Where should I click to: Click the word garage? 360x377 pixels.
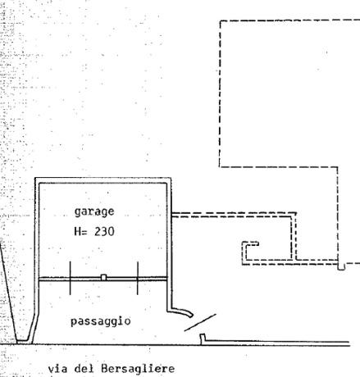94,212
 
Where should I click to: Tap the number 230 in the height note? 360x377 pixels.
104,232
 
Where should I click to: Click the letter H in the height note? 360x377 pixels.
77,232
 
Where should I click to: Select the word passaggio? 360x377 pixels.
101,321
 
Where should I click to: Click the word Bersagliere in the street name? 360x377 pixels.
138,369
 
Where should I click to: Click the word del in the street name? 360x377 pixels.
84,369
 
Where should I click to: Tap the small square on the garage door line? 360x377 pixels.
103,278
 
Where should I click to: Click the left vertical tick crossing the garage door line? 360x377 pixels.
71,278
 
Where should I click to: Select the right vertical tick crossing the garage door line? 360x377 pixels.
138,278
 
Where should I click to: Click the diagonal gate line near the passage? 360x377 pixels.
200,322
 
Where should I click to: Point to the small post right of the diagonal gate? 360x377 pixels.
203,339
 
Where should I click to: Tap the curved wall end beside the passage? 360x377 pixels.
182,311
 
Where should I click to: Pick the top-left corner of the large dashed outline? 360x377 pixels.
220,20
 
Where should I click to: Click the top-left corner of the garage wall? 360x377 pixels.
35,179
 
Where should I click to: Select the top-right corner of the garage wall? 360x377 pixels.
171,179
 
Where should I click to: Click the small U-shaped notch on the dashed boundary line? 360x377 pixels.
341,266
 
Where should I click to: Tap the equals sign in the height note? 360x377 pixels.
84,232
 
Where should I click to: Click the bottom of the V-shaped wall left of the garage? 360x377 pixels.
23,342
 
